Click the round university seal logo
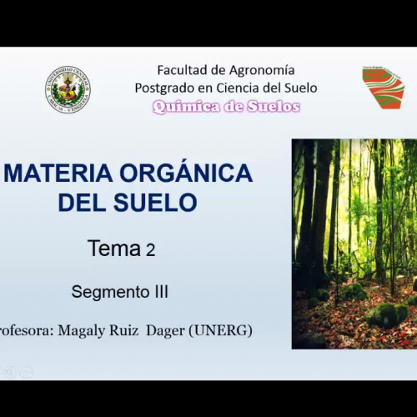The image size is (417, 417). click(x=68, y=89)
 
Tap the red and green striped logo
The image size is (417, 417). click(x=383, y=88)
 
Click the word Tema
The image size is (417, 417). click(x=115, y=249)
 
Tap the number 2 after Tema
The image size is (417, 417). click(x=151, y=249)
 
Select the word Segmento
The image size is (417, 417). click(x=108, y=292)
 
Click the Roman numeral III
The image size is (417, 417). click(x=158, y=292)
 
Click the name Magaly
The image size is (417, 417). click(x=85, y=331)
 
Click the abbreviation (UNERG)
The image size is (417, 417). click(x=221, y=331)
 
